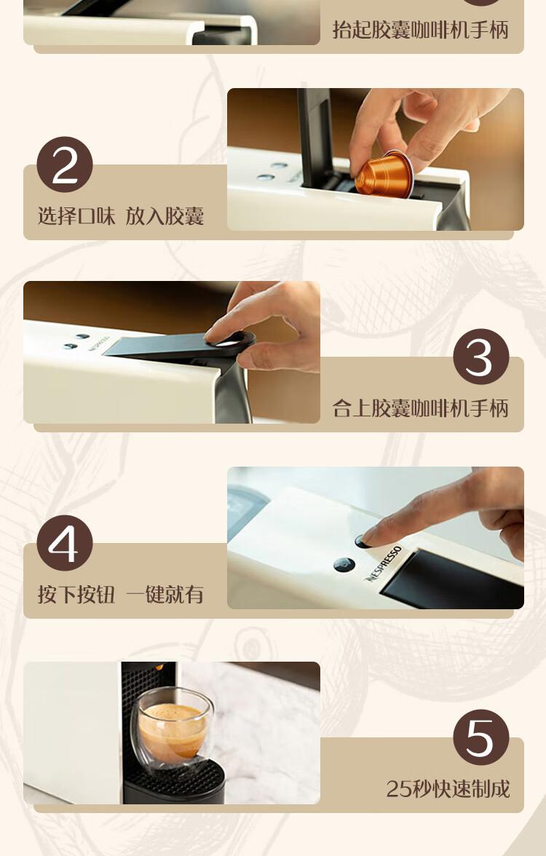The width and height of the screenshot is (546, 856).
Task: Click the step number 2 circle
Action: click(64, 165)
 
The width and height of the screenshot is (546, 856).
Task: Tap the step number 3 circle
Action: click(480, 357)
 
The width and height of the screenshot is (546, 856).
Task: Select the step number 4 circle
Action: click(64, 543)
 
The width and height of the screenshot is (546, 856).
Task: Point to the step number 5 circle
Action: click(480, 737)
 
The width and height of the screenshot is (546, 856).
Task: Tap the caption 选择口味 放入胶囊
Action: click(121, 216)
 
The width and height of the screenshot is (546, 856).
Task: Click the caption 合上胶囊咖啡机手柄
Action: click(421, 408)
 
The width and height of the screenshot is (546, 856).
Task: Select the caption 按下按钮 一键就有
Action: click(121, 595)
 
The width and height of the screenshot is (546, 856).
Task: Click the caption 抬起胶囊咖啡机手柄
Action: click(421, 29)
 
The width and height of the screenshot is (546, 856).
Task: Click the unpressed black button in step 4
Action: click(344, 565)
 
